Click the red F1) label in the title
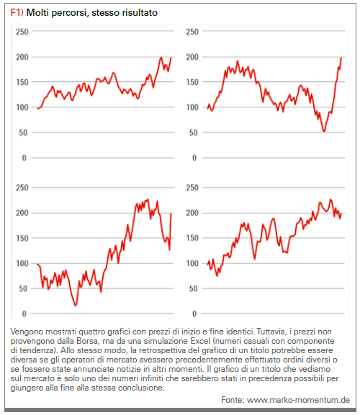coord(17,12)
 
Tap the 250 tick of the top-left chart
coord(22,32)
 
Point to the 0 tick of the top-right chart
coord(194,158)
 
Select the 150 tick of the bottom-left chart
coord(22,238)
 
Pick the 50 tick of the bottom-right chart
coord(194,288)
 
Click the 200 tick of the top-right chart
coord(192,57)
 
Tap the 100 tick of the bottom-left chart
coord(22,263)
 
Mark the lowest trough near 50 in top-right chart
coord(324,131)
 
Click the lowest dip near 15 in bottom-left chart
coord(76,306)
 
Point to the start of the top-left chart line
coord(37,109)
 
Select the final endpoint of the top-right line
coord(341,58)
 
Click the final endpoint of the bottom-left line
coord(171,214)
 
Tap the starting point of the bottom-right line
coord(207,264)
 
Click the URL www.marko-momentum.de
coord(298,400)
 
